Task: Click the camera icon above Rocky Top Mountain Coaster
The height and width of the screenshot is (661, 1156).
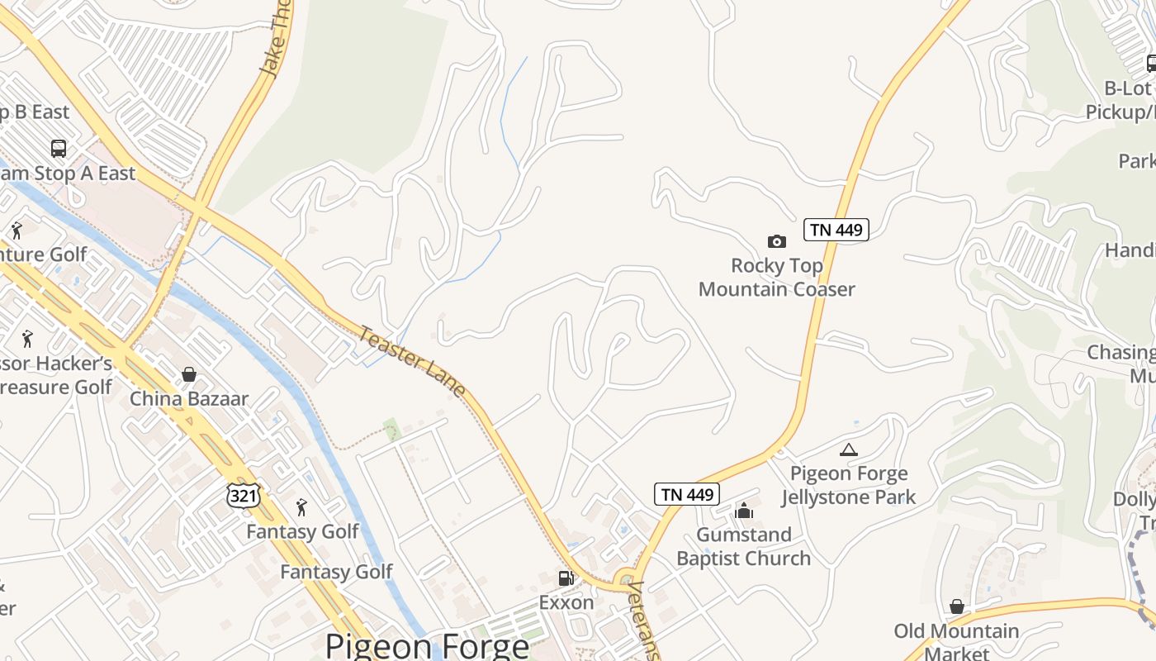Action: [776, 241]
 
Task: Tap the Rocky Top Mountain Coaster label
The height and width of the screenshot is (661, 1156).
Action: [776, 278]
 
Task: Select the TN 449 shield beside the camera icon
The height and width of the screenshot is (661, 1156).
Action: [836, 230]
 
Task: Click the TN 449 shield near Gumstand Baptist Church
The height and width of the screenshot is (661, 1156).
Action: [687, 494]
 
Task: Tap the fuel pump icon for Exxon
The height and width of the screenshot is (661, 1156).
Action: [566, 578]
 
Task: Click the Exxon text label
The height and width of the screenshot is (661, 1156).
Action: [566, 602]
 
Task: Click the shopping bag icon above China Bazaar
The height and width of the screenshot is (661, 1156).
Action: [189, 374]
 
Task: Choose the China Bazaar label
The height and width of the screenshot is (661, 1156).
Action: [189, 398]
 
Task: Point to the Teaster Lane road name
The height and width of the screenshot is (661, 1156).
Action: [412, 361]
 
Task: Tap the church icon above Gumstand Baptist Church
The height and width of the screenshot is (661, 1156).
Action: [744, 511]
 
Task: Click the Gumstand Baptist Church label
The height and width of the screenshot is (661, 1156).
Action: [744, 546]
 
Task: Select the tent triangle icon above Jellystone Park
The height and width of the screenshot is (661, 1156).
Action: [848, 450]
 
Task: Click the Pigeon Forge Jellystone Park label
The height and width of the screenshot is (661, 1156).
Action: [849, 485]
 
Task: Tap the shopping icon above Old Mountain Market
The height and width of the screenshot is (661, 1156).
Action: [956, 607]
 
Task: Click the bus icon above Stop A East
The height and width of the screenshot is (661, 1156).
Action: [59, 149]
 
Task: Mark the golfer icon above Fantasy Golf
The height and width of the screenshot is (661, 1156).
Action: [301, 506]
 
